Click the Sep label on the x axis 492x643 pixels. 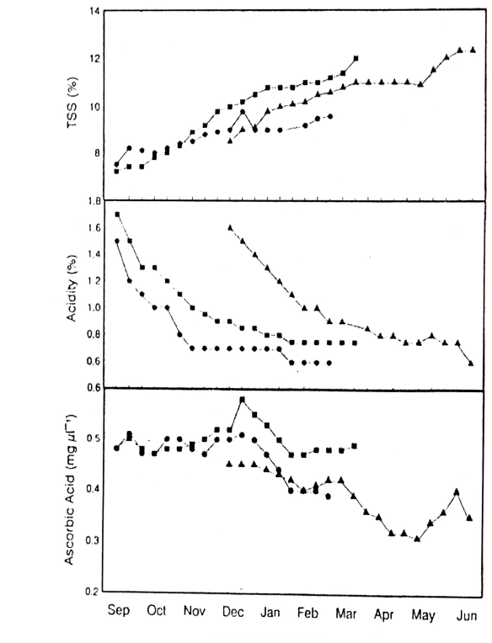pos(119,610)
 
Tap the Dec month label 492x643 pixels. pos(233,613)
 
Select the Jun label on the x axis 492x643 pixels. pos(467,615)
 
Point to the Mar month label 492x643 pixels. pos(346,614)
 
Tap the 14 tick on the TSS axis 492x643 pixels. pos(94,11)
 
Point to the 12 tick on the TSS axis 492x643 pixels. pos(94,59)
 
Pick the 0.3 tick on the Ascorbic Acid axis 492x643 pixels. pos(92,540)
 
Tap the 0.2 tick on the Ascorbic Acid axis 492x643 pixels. pos(92,592)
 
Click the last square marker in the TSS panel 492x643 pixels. pos(356,58)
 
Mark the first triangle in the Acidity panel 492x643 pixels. pos(230,227)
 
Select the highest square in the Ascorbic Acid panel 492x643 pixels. pos(242,400)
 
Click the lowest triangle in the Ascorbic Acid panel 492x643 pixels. pos(417,539)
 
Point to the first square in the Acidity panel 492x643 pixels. pos(117,214)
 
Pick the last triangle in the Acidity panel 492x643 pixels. pos(471,363)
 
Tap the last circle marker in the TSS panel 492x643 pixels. pos(330,116)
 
